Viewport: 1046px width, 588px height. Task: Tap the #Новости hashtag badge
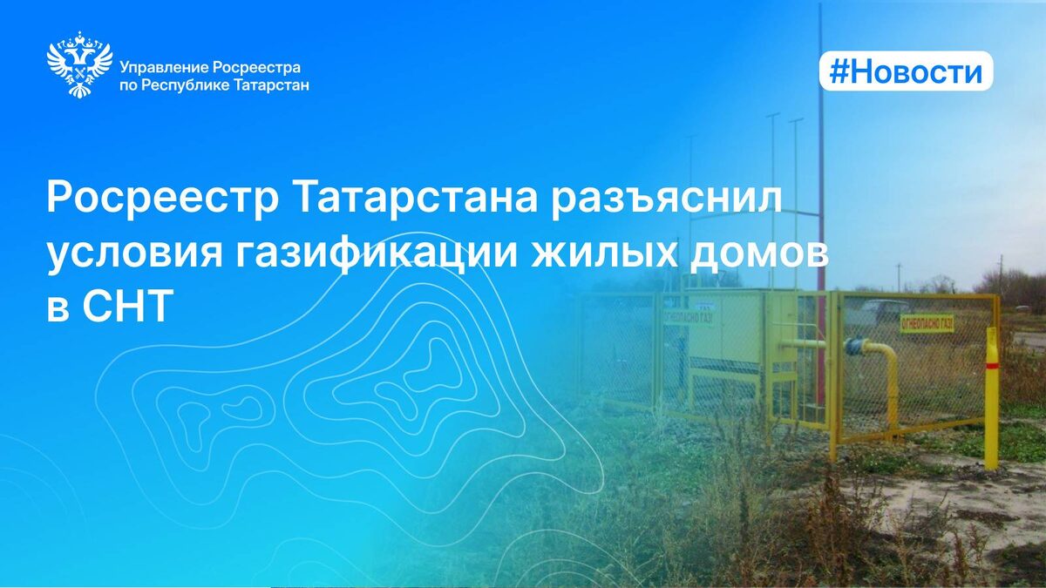(x=906, y=72)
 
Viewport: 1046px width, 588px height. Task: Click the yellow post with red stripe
(x=991, y=396)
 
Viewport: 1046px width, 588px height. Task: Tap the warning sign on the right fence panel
(x=927, y=323)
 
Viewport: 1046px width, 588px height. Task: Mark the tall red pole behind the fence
(x=819, y=174)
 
